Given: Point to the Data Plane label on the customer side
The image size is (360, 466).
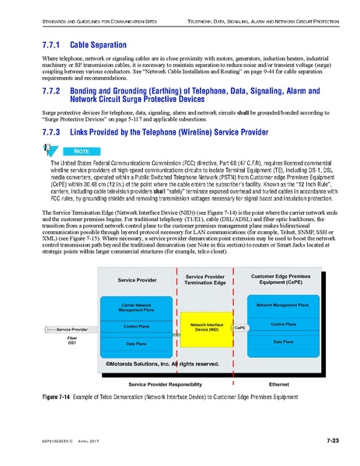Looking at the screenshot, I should click(288, 341).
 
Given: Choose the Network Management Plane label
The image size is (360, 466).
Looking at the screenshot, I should click(288, 307).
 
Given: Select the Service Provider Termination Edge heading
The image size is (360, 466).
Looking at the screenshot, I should click(205, 279).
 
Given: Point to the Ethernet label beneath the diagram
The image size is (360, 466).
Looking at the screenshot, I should click(278, 384).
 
